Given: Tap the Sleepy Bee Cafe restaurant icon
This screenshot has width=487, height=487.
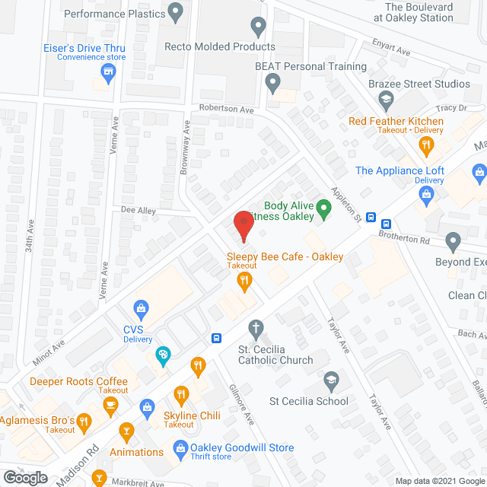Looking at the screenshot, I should coord(243,282).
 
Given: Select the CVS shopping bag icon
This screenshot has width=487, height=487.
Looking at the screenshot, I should coord(141,307).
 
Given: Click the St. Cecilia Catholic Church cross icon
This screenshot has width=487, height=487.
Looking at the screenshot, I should coord(256,329).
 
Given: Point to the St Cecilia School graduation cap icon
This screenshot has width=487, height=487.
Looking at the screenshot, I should coord(331,379).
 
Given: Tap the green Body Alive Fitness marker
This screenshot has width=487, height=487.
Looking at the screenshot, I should coord(323,207).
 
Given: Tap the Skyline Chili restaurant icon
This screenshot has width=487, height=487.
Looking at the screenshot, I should coord(181,394).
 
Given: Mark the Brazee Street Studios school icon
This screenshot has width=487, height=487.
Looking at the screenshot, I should coord(387,99).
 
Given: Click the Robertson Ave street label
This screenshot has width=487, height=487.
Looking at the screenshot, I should coord(226,110).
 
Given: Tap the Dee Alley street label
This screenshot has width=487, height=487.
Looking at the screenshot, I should coord(137,210).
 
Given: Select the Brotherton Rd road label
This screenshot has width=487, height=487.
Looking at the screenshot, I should coord(403,238).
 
